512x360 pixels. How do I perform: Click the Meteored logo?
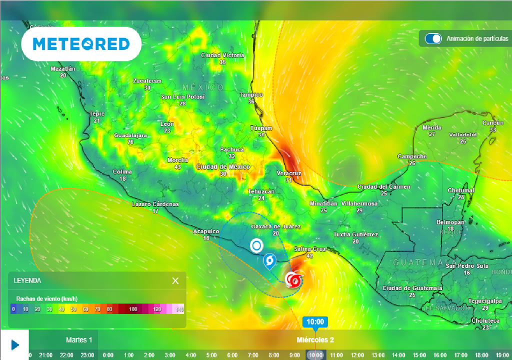[x=81, y=44]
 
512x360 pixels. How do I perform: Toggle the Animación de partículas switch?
[x=433, y=38]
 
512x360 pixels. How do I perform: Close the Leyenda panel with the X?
[x=175, y=280]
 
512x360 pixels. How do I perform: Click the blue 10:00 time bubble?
[x=315, y=321]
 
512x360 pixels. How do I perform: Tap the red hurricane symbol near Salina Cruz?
[x=294, y=280]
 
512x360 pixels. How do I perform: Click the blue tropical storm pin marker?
[x=270, y=261]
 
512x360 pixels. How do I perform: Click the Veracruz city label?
[x=289, y=173]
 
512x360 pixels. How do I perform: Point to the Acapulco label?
[x=206, y=231]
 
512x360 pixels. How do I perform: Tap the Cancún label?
[x=492, y=123]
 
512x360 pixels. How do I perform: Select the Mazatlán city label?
[x=63, y=69]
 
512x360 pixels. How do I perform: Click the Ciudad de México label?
[x=223, y=167]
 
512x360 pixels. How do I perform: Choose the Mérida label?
[x=432, y=127]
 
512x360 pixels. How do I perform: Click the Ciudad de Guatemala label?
[x=412, y=288]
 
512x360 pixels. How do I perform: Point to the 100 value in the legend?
[x=133, y=309]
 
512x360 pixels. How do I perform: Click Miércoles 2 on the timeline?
[x=315, y=340]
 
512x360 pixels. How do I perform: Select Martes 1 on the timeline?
[x=79, y=340]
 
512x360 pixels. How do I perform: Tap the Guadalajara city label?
[x=130, y=135]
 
